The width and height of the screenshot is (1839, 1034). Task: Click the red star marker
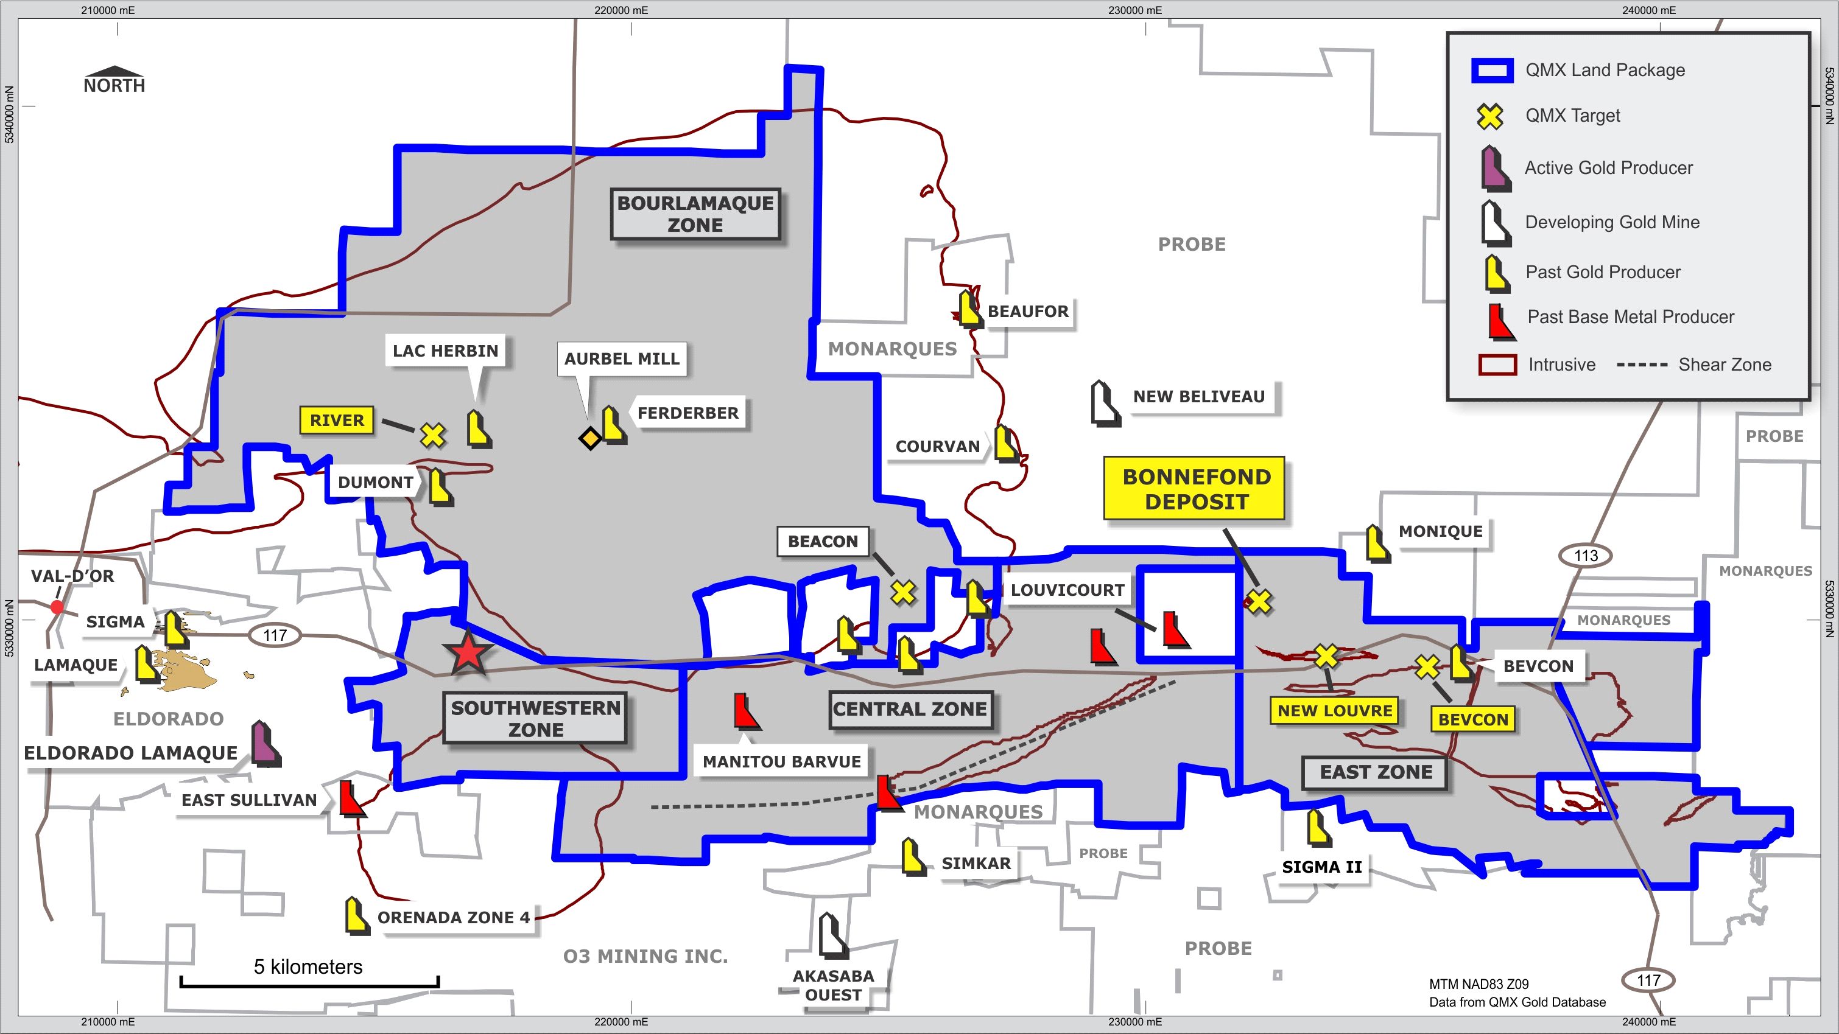468,653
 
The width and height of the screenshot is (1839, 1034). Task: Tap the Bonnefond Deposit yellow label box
1194,489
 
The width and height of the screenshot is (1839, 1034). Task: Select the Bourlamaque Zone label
695,214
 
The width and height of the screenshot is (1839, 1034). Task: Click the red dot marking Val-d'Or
57,607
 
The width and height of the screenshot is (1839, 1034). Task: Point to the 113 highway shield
1586,555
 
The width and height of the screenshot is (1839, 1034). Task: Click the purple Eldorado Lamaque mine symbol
265,744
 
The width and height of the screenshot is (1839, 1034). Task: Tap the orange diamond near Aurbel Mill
589,438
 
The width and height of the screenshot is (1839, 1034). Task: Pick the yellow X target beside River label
432,434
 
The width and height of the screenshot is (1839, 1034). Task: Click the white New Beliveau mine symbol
1105,404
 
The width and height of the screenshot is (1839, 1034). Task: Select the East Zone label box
1375,773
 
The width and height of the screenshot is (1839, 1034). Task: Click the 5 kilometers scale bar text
308,966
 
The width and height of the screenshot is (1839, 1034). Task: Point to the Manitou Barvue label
782,761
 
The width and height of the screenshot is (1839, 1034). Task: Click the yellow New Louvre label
1334,711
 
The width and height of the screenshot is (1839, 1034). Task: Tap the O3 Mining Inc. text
645,956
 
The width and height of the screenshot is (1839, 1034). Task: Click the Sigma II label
1321,867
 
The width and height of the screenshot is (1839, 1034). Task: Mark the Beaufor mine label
1028,312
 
